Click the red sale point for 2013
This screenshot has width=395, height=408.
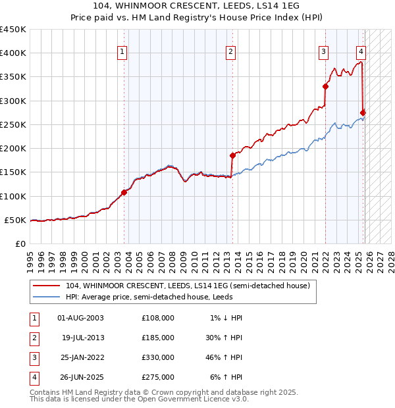tap(232, 155)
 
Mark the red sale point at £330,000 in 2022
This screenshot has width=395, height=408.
tap(325, 86)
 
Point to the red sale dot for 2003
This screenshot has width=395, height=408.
tap(124, 192)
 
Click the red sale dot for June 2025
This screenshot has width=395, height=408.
tap(363, 113)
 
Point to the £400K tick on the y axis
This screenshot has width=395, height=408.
tap(13, 53)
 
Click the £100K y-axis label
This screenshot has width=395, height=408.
tap(13, 196)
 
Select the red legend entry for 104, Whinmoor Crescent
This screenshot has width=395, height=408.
tap(188, 286)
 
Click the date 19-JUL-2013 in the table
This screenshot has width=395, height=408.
tap(83, 338)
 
